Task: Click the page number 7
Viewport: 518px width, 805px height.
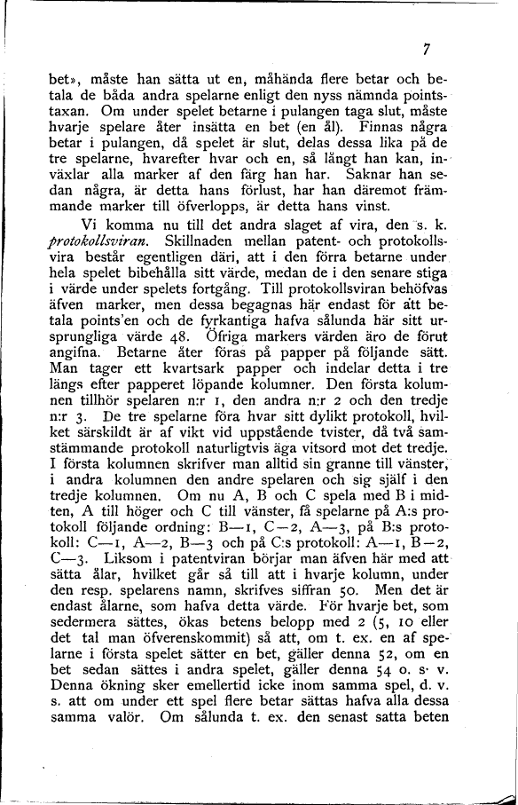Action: tap(427, 50)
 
